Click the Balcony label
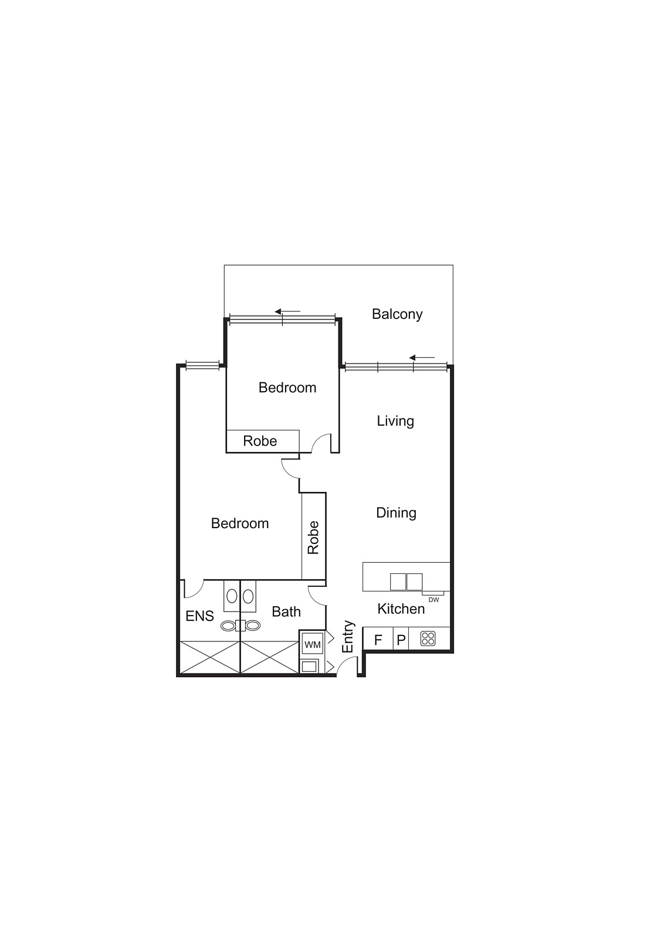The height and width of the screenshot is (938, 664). click(x=397, y=314)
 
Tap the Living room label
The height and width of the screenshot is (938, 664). click(x=395, y=421)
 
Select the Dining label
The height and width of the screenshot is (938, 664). click(x=396, y=513)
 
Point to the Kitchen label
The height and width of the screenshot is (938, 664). click(x=401, y=609)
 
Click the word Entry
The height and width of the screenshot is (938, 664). click(x=348, y=637)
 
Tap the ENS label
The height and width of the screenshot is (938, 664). click(x=199, y=616)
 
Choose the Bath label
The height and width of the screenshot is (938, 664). click(x=286, y=612)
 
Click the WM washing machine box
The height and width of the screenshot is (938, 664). click(x=313, y=644)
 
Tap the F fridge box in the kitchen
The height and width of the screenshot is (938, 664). click(x=378, y=640)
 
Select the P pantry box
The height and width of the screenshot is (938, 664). click(x=401, y=640)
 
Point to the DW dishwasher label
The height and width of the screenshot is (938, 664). click(x=434, y=600)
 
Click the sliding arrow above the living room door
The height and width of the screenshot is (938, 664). click(x=422, y=358)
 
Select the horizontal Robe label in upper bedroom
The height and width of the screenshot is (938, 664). click(x=260, y=441)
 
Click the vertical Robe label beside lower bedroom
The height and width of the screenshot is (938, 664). click(x=313, y=538)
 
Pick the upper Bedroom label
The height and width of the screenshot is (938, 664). click(x=287, y=388)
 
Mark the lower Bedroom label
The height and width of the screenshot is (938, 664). click(x=240, y=524)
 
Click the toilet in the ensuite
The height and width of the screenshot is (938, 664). click(x=228, y=626)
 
